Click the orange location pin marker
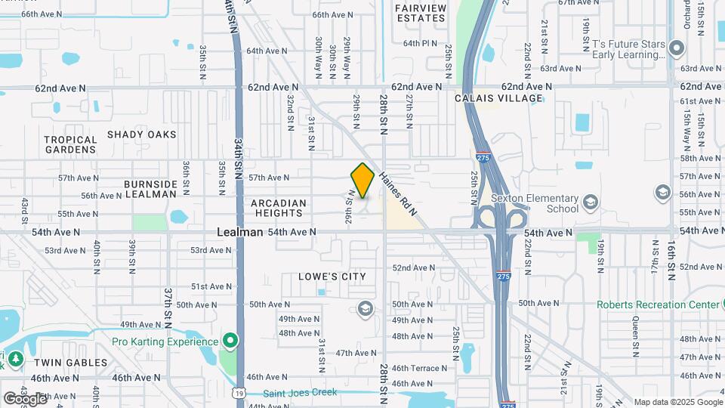tap(362, 180)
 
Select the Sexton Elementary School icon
tap(590, 202)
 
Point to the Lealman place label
tap(239, 232)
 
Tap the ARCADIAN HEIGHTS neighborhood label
tap(279, 209)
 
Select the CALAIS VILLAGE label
tap(498, 98)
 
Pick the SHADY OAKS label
tap(141, 134)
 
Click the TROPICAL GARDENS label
tap(70, 144)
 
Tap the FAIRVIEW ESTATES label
tap(420, 12)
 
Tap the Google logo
tap(23, 398)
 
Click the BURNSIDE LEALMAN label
tap(150, 189)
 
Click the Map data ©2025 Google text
tap(677, 402)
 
